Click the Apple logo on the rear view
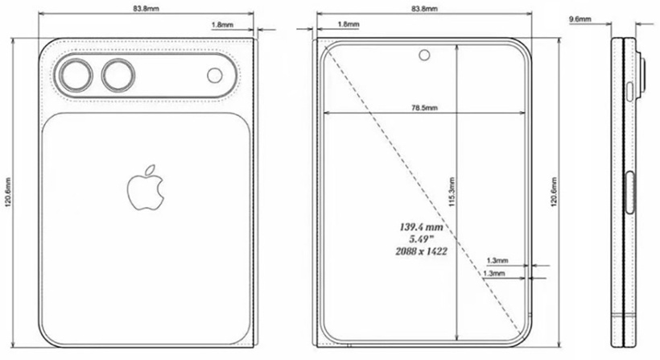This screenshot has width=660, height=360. pyautogui.click(x=146, y=188)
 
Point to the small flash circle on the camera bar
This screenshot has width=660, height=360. pyautogui.click(x=215, y=76)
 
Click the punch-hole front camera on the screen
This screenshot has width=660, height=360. pyautogui.click(x=423, y=56)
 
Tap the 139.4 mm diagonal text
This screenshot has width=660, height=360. pyautogui.click(x=423, y=227)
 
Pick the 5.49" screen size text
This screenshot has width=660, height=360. pyautogui.click(x=423, y=239)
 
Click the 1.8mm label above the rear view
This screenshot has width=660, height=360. pyautogui.click(x=222, y=25)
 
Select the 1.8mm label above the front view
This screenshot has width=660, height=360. pyautogui.click(x=349, y=25)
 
